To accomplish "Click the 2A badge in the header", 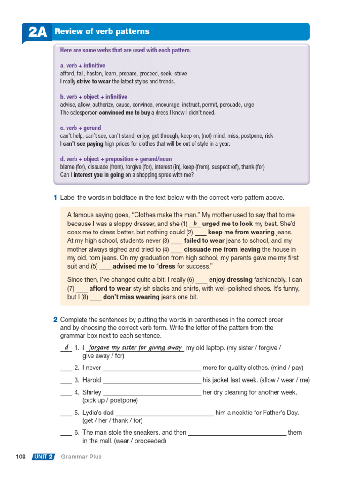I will tap(37, 32).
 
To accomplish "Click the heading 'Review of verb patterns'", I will tap(102, 31).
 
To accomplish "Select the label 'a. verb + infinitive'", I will tap(82, 66).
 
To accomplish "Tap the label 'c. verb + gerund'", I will tap(81, 128).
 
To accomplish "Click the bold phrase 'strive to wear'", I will tap(94, 82).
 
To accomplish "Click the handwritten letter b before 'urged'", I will tap(195, 224).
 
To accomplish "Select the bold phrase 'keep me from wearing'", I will tap(241, 232).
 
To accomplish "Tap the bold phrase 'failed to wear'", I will tap(204, 241).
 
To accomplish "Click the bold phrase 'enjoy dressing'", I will tap(231, 279).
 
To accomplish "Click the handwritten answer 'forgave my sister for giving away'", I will tap(135, 347).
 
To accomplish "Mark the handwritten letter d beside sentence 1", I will tap(67, 347).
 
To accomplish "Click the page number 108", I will tap(21, 457).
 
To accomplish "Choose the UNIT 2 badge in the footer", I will tap(43, 457).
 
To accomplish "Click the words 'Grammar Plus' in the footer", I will tap(81, 457).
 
